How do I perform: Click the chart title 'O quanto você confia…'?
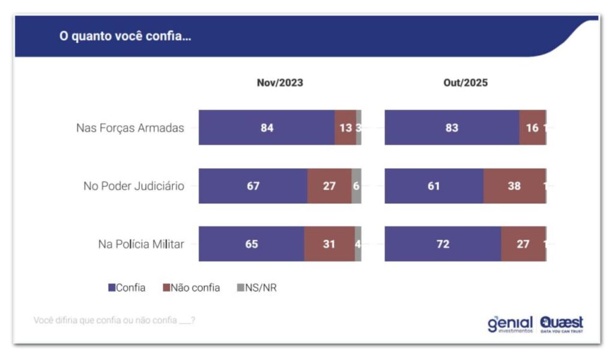(124, 36)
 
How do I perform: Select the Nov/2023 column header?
(280, 83)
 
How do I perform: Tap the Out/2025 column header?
(465, 83)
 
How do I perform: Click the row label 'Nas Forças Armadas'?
(130, 127)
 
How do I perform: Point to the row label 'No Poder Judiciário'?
(133, 186)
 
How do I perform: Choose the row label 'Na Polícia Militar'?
(141, 244)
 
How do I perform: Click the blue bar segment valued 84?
(267, 127)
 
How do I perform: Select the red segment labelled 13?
(345, 127)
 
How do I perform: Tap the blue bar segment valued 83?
(452, 127)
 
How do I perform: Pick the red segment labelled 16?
(532, 127)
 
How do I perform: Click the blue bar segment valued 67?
(253, 186)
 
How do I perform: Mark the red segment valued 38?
(514, 186)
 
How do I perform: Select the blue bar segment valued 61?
(434, 186)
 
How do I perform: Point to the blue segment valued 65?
(251, 244)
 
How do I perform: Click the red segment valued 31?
(329, 244)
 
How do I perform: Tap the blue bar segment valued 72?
(443, 244)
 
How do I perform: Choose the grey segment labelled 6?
(356, 186)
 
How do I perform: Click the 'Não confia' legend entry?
(191, 288)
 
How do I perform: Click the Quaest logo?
(562, 324)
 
